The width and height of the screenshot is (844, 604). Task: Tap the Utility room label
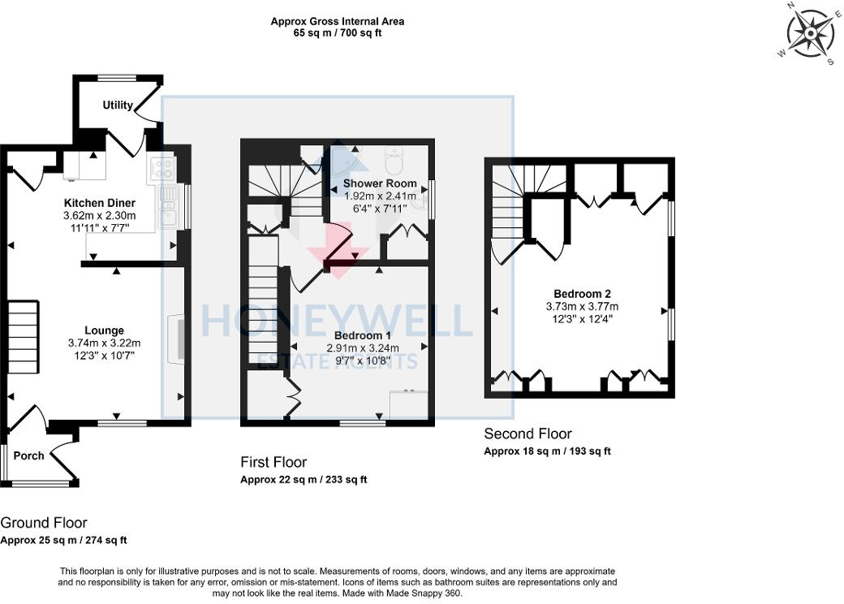pyautogui.click(x=118, y=106)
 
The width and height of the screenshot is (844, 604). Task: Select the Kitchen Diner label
pyautogui.click(x=99, y=203)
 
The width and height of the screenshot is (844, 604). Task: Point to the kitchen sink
pyautogui.click(x=169, y=206)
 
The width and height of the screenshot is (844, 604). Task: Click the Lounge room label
pyautogui.click(x=104, y=330)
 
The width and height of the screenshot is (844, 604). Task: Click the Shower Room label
pyautogui.click(x=380, y=183)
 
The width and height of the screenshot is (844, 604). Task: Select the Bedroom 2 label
pyautogui.click(x=582, y=294)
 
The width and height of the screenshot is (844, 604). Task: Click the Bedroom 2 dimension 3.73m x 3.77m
pyautogui.click(x=582, y=307)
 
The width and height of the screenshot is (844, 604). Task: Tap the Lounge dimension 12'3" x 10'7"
pyautogui.click(x=105, y=356)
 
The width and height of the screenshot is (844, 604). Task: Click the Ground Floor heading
pyautogui.click(x=44, y=523)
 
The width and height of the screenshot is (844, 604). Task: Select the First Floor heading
pyautogui.click(x=273, y=462)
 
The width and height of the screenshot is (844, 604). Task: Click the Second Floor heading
pyautogui.click(x=527, y=434)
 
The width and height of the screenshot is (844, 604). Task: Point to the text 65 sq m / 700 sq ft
pyautogui.click(x=338, y=33)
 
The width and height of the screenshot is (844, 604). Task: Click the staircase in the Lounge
pyautogui.click(x=24, y=334)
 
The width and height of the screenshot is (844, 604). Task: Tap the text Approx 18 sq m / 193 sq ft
pyautogui.click(x=547, y=451)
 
